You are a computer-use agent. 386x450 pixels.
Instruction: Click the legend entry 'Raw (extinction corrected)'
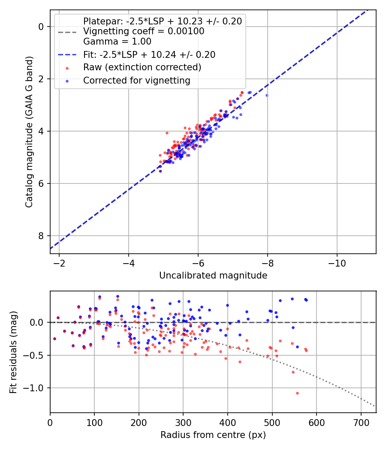pos(142,67)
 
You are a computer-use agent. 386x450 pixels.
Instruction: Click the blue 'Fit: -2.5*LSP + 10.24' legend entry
pos(149,55)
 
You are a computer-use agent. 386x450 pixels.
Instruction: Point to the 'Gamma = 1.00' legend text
pos(117,42)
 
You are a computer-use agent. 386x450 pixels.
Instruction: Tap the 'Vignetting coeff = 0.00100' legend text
pos(144,31)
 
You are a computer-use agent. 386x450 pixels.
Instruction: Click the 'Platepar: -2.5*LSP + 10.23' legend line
pos(162,21)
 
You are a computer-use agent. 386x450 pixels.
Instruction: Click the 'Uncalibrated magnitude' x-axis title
pos(213,276)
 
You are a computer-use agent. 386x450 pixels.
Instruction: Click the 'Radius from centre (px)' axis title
pos(213,435)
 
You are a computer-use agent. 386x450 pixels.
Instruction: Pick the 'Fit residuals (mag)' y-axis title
pos(13,352)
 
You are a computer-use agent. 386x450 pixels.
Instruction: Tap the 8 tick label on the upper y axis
pos(41,236)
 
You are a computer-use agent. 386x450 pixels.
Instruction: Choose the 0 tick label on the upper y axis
pos(41,27)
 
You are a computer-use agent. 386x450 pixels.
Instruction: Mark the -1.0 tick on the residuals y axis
pos(36,388)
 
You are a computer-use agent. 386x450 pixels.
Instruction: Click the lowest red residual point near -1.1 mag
pos(297,393)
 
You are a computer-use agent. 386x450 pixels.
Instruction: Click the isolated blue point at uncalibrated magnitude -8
pos(267,95)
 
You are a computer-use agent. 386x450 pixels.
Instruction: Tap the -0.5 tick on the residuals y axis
pos(36,355)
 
